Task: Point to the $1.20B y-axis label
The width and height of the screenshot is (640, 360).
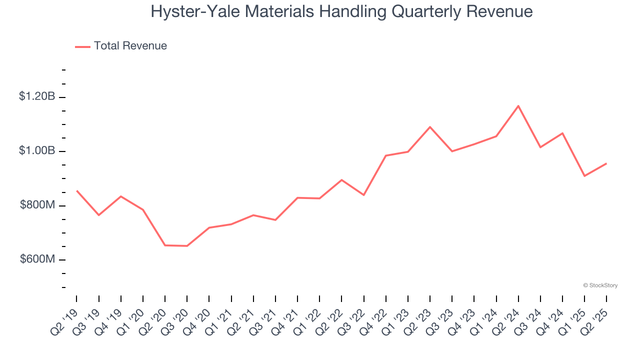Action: click(x=37, y=96)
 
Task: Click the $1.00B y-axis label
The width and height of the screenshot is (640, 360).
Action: click(x=37, y=151)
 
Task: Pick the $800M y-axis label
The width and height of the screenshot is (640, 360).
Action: click(x=37, y=205)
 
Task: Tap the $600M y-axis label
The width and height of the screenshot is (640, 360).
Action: click(x=37, y=260)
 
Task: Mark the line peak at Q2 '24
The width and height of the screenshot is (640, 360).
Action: click(x=518, y=106)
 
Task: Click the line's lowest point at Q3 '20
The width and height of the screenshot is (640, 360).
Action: click(x=187, y=246)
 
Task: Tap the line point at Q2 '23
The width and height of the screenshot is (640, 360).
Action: click(x=430, y=127)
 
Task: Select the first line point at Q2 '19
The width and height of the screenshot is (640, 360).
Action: click(x=76, y=190)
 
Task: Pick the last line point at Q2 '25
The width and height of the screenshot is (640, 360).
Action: click(x=606, y=163)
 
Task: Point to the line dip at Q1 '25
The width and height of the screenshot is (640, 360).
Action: click(x=584, y=176)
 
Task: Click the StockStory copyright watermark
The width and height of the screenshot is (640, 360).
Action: click(x=600, y=285)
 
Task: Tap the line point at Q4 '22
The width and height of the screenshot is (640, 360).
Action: click(x=386, y=155)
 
